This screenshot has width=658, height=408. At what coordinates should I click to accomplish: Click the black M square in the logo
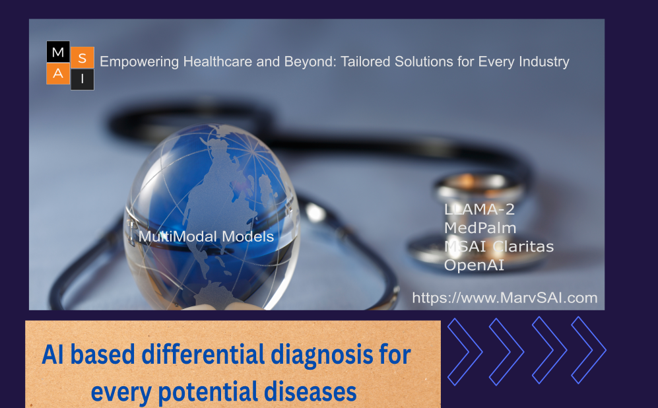(58, 52)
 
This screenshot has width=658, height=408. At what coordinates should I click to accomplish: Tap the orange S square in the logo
(82, 58)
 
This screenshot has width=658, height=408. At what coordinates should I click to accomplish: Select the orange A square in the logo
(58, 74)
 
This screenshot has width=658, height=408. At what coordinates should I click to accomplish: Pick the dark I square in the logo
(82, 79)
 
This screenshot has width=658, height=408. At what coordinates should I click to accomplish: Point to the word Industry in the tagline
(544, 61)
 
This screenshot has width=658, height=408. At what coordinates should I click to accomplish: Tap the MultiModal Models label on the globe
(206, 236)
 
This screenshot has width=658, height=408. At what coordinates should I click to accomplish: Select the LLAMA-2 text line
(479, 209)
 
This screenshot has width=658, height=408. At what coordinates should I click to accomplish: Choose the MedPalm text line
(480, 228)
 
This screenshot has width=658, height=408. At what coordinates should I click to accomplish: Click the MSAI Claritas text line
(499, 246)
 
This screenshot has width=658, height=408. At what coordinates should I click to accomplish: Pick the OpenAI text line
(474, 265)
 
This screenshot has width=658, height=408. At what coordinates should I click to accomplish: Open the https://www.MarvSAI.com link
(504, 298)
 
